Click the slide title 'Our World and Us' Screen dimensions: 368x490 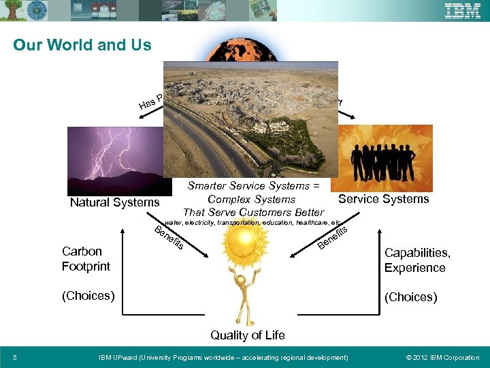[82, 45]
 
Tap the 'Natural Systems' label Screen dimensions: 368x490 [114, 202]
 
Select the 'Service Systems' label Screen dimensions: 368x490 [383, 199]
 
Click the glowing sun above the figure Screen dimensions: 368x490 [240, 246]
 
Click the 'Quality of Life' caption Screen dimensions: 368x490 [247, 335]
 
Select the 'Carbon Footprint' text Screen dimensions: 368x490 [86, 259]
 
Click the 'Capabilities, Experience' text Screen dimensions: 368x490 [417, 260]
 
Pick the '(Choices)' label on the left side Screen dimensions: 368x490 [88, 296]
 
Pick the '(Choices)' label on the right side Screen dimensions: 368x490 [410, 297]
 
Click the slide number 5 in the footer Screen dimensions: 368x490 [15, 357]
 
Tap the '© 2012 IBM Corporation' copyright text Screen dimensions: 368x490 [442, 357]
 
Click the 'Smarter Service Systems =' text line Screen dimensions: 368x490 [254, 185]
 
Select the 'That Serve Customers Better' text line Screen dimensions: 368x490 [253, 213]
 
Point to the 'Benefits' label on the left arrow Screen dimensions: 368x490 [169, 236]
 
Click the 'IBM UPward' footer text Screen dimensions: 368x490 [223, 357]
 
